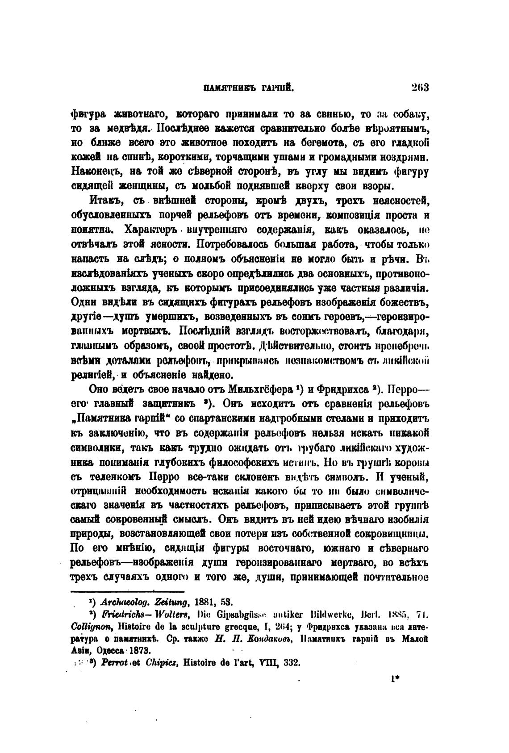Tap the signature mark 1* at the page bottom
pyautogui.click(x=394, y=682)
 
